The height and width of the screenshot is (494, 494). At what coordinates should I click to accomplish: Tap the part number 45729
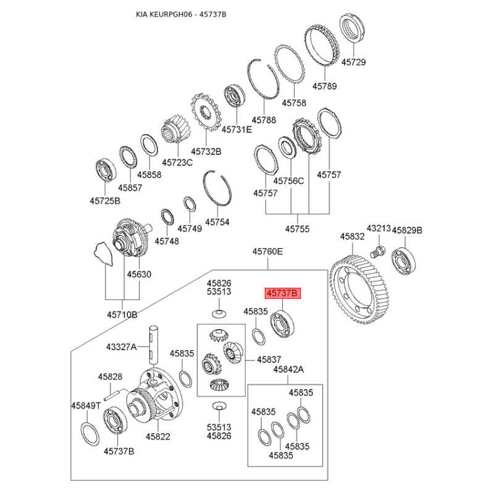tap(353, 63)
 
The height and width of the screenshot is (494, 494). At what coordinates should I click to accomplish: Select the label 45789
tap(324, 86)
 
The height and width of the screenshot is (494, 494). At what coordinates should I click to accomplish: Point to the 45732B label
tap(206, 151)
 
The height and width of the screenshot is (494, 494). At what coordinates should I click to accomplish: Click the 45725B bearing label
tap(105, 201)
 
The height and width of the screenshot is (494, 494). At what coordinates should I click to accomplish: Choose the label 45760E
tap(267, 251)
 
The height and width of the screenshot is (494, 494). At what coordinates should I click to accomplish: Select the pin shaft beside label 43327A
tap(154, 347)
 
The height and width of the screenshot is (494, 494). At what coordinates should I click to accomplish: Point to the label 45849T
tap(85, 406)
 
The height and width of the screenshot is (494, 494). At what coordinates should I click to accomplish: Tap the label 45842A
tap(289, 369)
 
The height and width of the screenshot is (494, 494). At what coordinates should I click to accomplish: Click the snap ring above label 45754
tap(217, 186)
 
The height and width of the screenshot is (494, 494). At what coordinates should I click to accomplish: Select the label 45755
tap(297, 229)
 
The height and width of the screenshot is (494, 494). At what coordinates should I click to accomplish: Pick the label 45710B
tap(122, 315)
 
